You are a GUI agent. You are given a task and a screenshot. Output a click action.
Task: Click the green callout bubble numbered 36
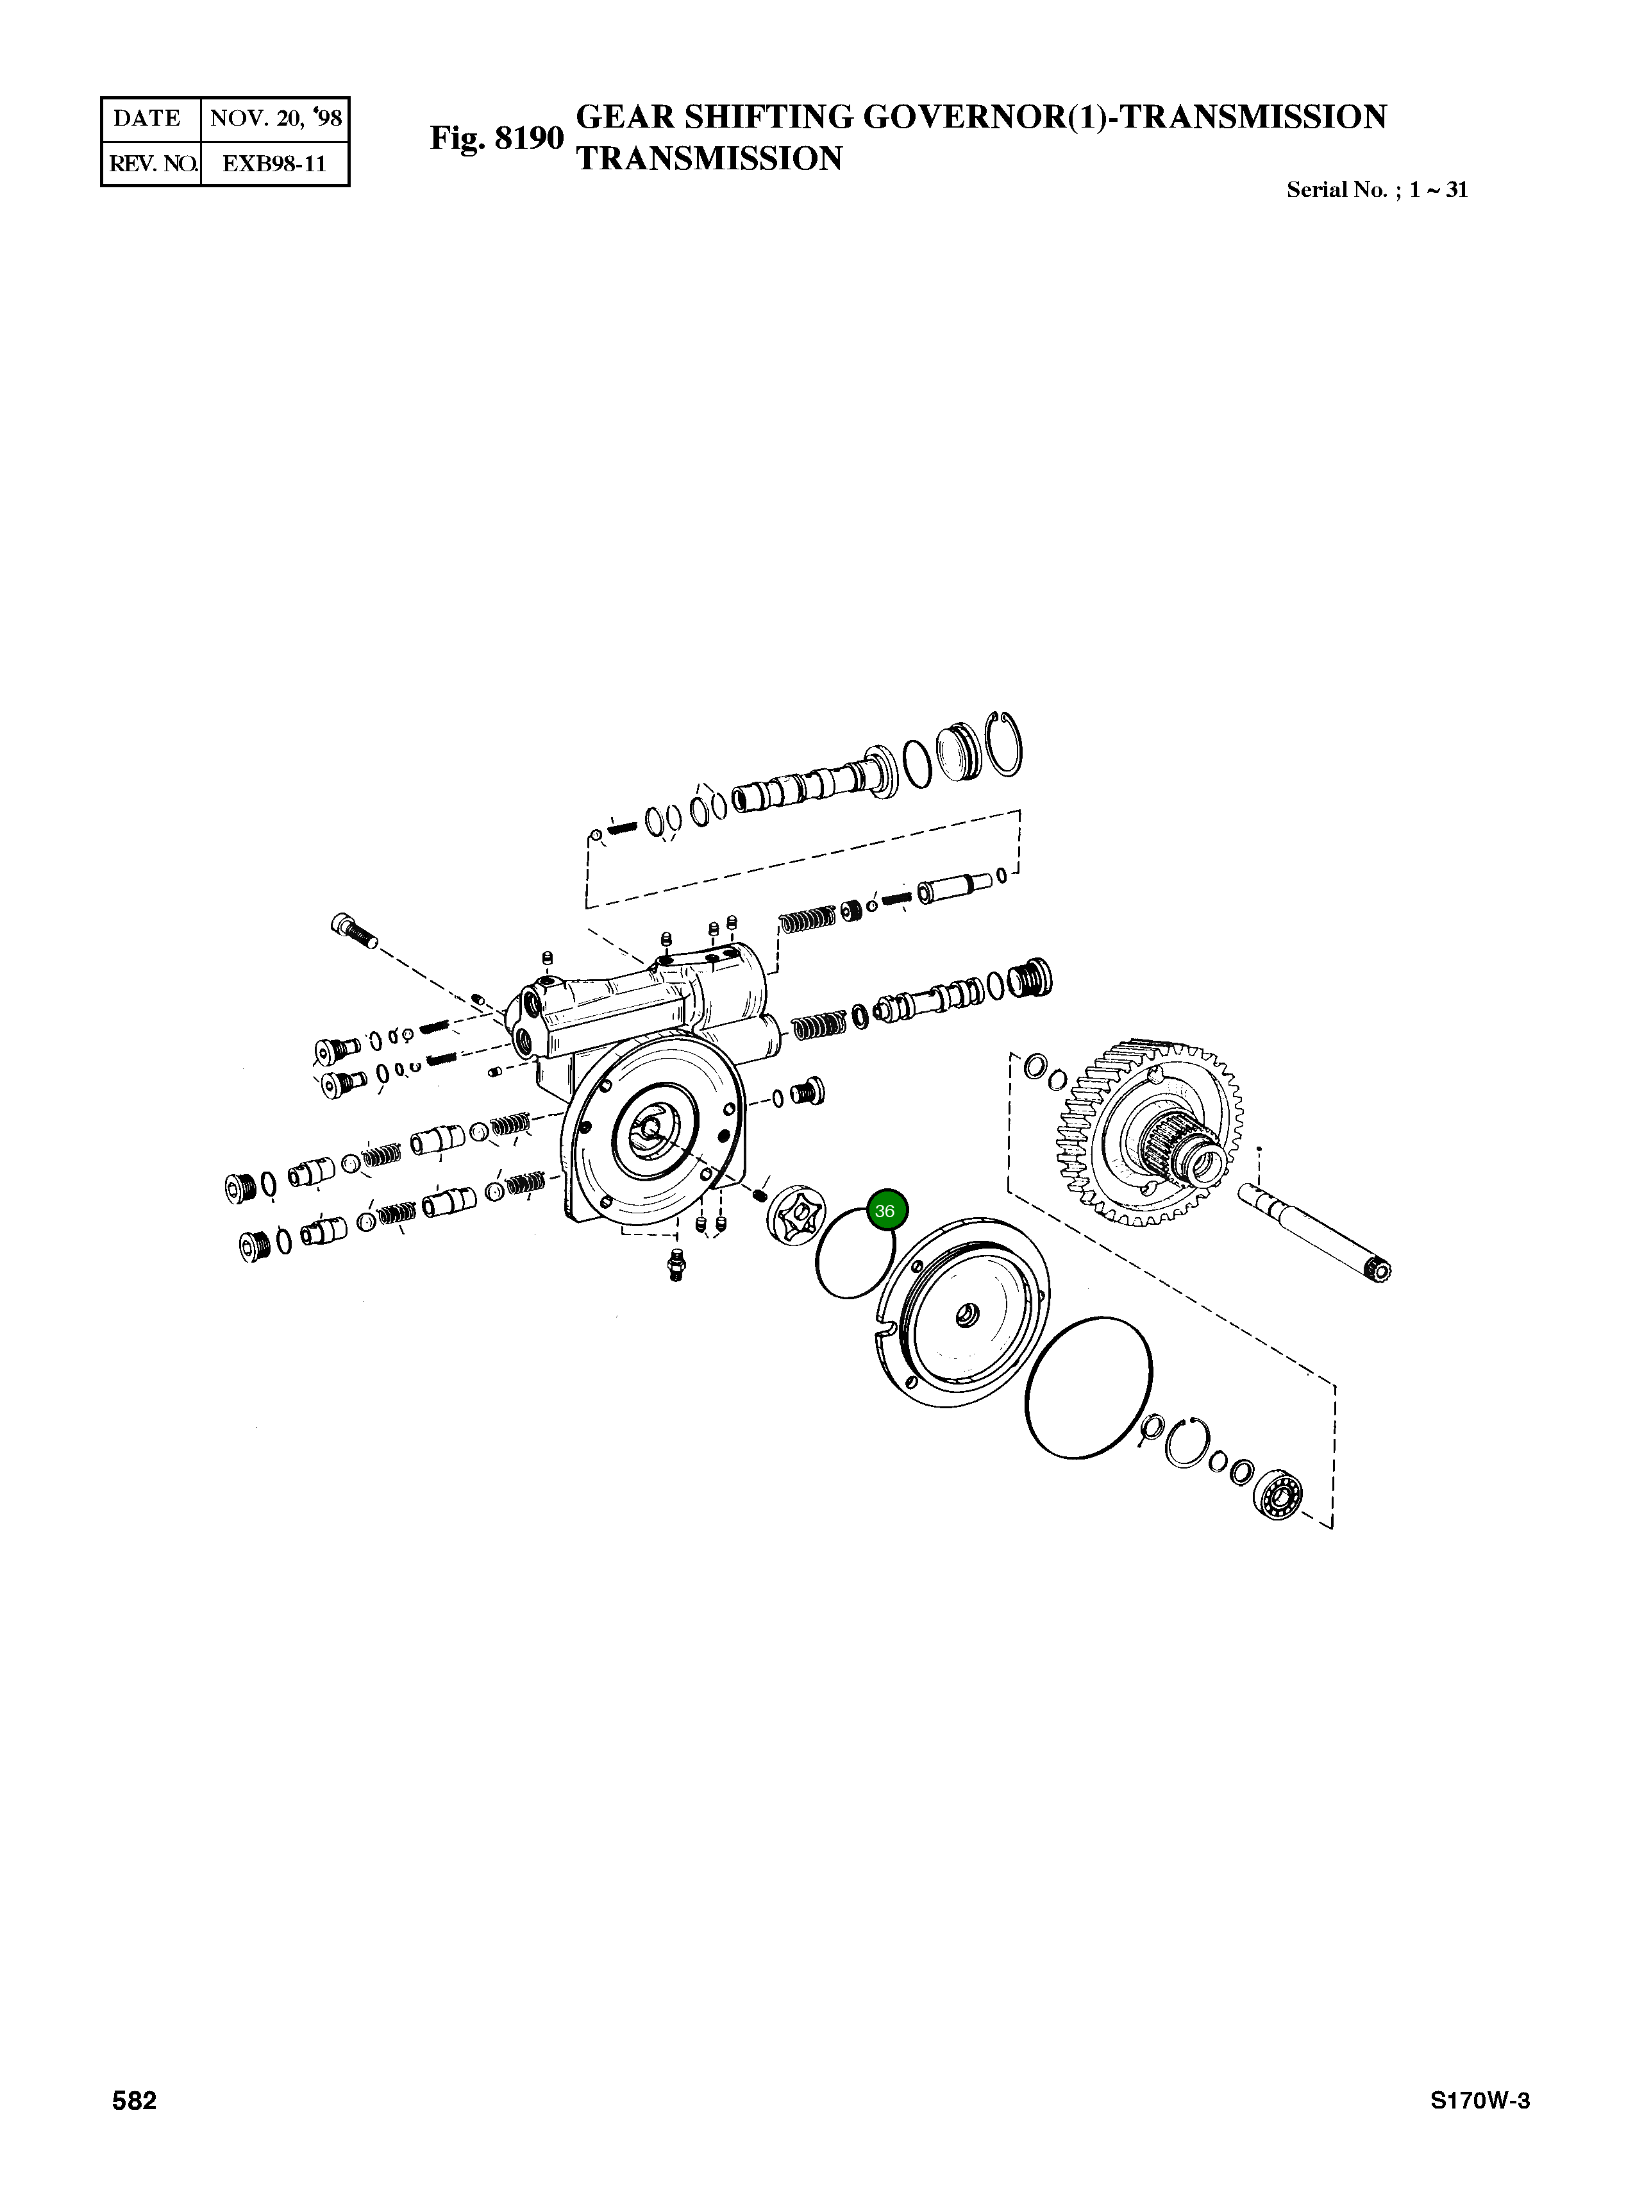pos(885,1211)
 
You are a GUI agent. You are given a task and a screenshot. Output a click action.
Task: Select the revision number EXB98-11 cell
pos(274,164)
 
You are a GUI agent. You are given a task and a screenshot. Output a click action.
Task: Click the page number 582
pos(135,2128)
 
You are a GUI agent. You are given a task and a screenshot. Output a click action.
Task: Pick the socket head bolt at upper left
pos(351,929)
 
